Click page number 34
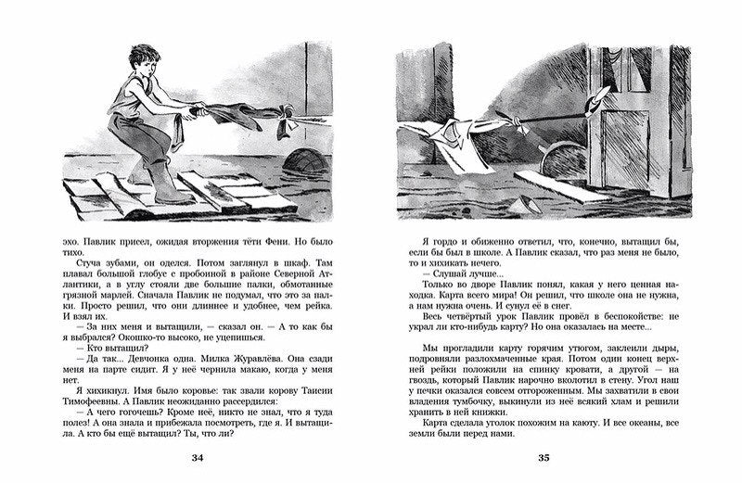tap(196, 458)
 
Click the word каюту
tap(594, 426)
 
